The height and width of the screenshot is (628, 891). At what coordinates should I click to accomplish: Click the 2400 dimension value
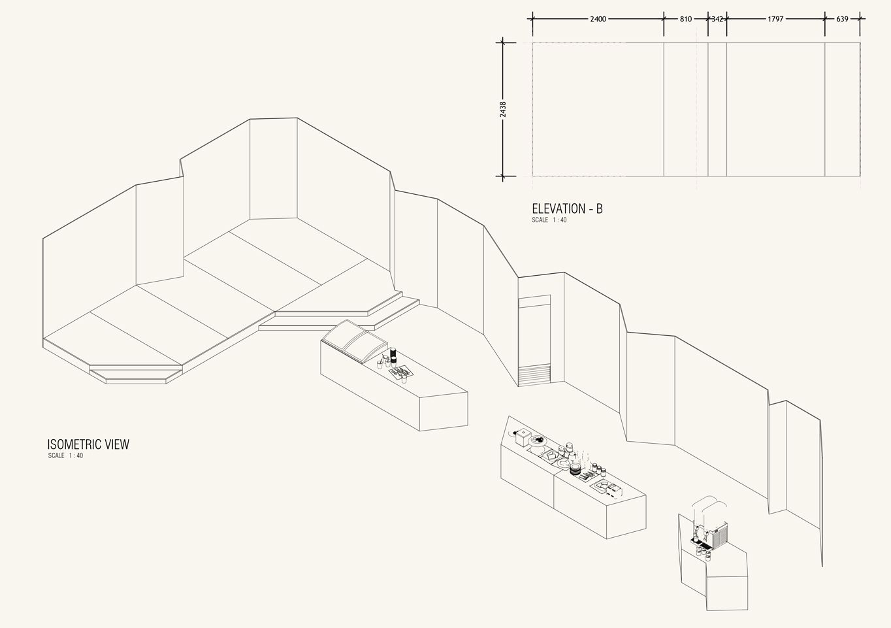pos(598,19)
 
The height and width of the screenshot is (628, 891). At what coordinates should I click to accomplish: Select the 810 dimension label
pos(685,19)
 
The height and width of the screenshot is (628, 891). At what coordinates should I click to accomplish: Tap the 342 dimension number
pos(717,19)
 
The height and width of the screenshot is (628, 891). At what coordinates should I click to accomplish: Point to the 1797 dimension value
pos(775,19)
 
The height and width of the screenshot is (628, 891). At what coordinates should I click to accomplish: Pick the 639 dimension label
pos(842,19)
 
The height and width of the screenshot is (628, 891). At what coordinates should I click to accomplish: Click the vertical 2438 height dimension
pos(502,109)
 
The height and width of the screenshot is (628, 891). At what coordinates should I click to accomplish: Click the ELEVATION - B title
pos(567,209)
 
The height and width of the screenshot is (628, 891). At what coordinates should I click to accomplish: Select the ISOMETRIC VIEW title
pos(88,444)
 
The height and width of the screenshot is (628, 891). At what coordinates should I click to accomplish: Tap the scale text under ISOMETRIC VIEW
pos(65,455)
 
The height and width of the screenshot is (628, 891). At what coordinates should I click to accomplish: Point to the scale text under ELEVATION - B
pos(549,220)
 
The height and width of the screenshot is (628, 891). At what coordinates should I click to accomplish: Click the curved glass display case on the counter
pos(353,340)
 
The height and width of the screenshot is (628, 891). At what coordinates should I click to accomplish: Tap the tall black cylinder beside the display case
pos(393,355)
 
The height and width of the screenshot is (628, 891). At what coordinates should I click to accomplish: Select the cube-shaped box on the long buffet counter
pos(523,436)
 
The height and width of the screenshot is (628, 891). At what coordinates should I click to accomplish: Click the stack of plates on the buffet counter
pos(575,469)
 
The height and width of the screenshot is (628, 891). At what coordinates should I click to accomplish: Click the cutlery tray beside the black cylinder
pos(400,372)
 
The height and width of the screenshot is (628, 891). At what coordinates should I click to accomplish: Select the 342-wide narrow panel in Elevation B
pos(717,109)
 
